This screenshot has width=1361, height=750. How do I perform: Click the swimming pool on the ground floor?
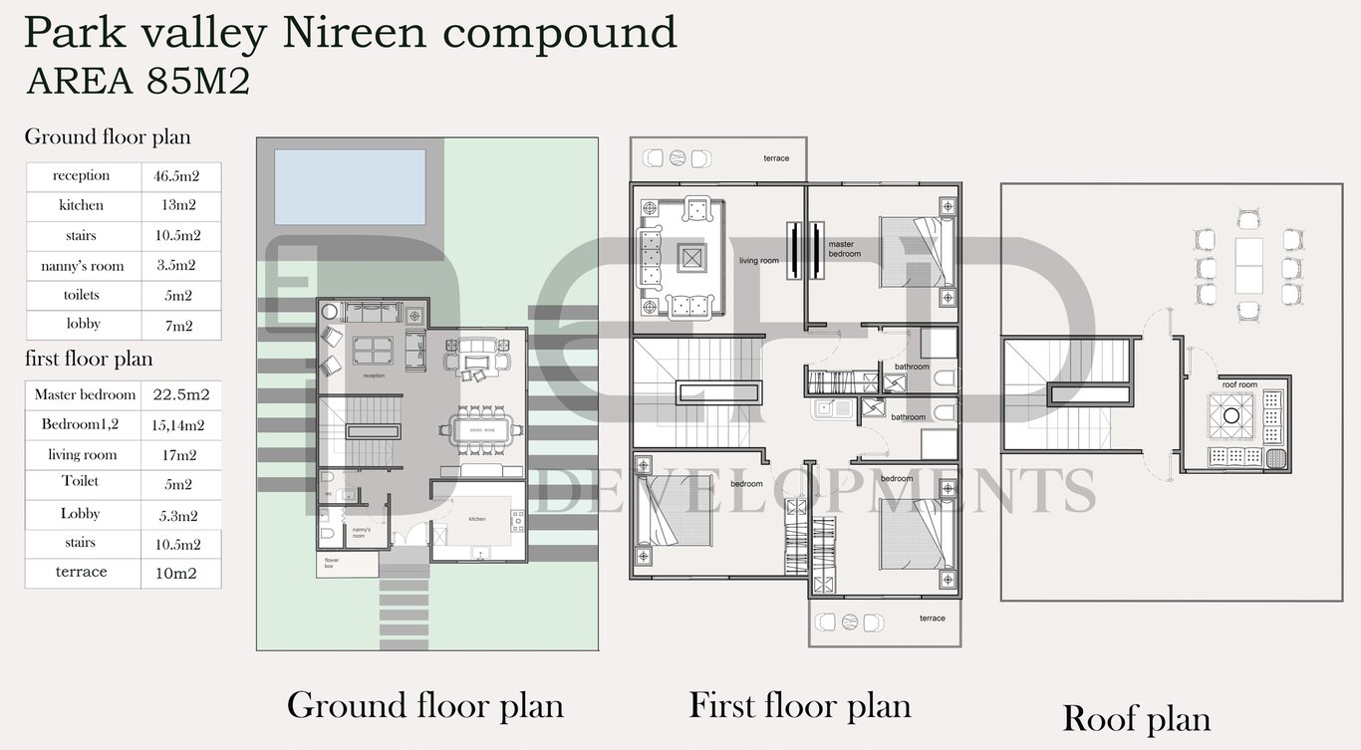(x=349, y=186)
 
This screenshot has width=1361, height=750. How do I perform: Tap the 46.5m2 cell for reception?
(x=175, y=176)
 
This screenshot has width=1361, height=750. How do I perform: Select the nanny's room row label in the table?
(x=83, y=266)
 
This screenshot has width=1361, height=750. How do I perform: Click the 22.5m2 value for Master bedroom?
(x=181, y=395)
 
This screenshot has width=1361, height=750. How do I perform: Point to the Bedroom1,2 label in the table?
(x=80, y=424)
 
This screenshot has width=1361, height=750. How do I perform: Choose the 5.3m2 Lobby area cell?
(x=175, y=515)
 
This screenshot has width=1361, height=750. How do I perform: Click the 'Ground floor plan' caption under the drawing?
(x=425, y=705)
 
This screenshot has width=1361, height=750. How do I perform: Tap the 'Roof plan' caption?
(x=1136, y=718)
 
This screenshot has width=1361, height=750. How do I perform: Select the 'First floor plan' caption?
(x=800, y=705)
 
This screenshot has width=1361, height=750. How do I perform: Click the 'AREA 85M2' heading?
(x=137, y=81)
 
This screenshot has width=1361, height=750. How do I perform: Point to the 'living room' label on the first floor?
(x=758, y=261)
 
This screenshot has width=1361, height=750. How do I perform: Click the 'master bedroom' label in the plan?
(x=841, y=249)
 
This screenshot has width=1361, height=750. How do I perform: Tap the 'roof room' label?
(x=1239, y=383)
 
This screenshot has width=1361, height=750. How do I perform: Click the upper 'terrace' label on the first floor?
(x=776, y=158)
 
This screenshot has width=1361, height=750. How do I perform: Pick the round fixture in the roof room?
(x=1231, y=415)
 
